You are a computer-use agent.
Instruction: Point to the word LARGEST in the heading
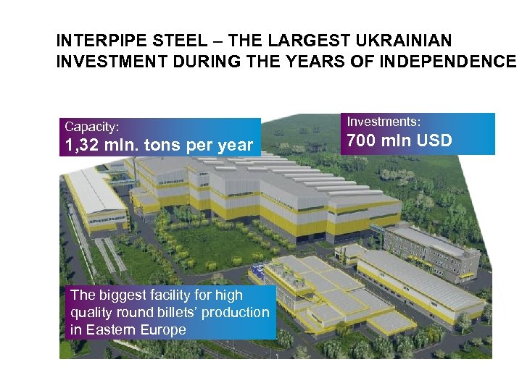(315, 41)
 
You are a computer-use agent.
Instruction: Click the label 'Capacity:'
(92, 127)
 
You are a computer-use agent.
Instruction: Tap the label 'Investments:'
(384, 122)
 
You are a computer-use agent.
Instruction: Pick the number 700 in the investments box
(362, 140)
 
